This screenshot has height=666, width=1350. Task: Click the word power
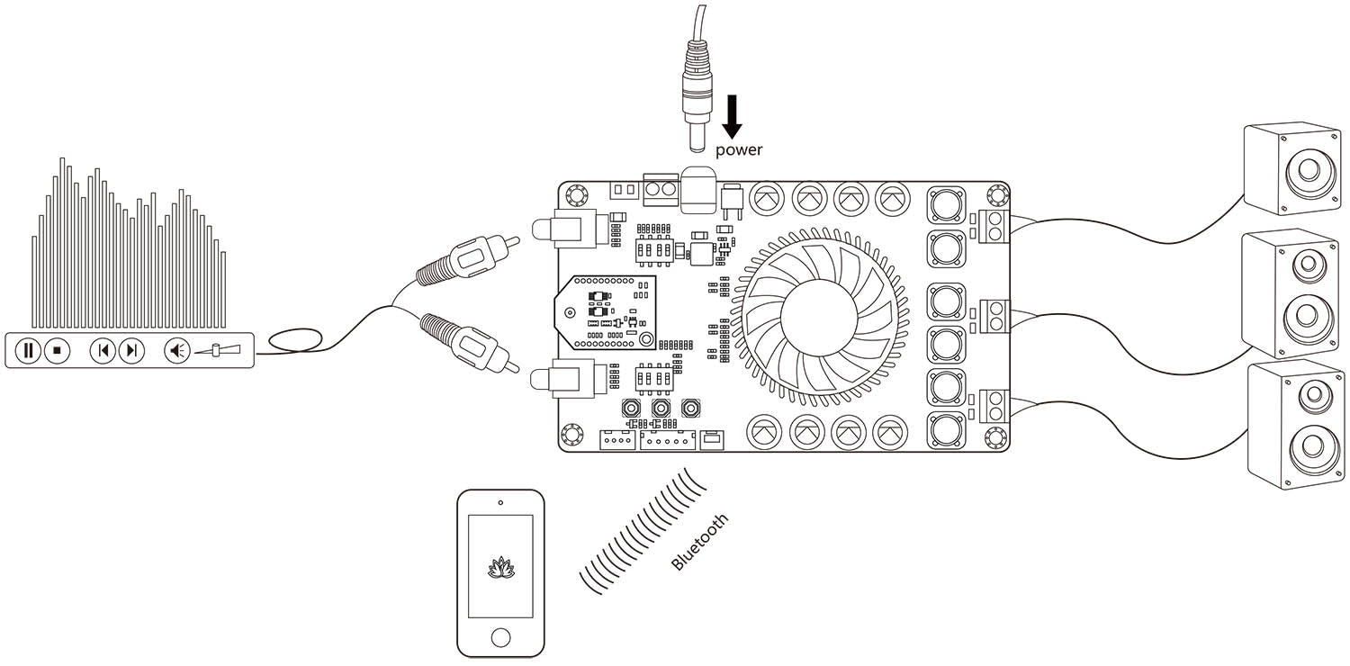point(739,149)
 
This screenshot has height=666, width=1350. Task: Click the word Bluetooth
point(700,543)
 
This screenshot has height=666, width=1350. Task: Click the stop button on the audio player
point(57,350)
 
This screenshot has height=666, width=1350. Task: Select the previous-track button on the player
point(103,350)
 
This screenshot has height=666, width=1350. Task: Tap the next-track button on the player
point(131,350)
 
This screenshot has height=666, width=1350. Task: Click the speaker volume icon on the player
point(177,350)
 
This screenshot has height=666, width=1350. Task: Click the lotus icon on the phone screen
point(499,567)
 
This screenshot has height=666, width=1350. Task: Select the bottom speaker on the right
point(1296,425)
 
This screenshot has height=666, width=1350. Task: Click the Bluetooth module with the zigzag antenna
point(602,311)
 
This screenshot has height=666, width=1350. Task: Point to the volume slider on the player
point(218,350)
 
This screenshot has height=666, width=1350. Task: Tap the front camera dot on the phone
point(500,502)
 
